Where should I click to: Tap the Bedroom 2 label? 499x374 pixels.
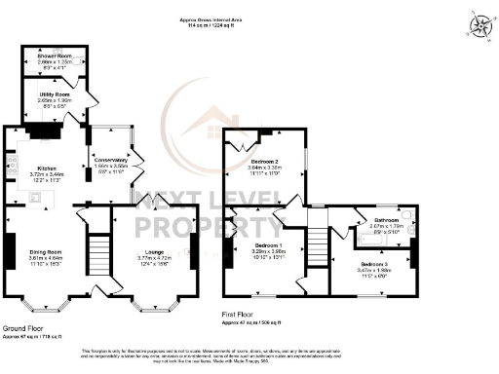pyautogui.click(x=265, y=159)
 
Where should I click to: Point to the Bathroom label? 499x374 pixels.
pyautogui.click(x=387, y=221)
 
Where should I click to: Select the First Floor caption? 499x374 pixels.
pyautogui.click(x=241, y=315)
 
